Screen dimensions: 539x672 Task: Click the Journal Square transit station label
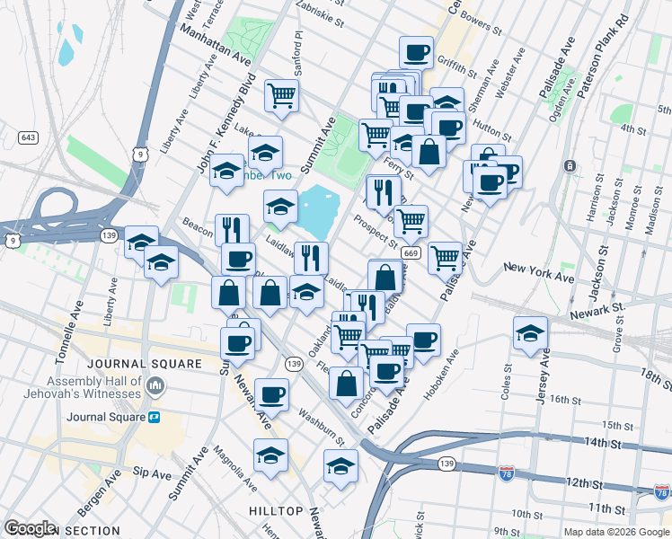[108, 417]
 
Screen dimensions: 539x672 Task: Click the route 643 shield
[27, 137]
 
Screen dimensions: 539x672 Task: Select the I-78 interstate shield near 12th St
[661, 492]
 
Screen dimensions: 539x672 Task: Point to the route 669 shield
[411, 253]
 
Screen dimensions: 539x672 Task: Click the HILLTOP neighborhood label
[276, 510]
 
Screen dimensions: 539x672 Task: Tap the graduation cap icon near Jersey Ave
[531, 332]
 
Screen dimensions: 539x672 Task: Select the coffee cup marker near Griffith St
[416, 52]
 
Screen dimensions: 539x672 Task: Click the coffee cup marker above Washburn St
[271, 394]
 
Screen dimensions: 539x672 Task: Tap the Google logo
[31, 528]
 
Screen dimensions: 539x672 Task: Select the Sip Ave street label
[152, 473]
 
